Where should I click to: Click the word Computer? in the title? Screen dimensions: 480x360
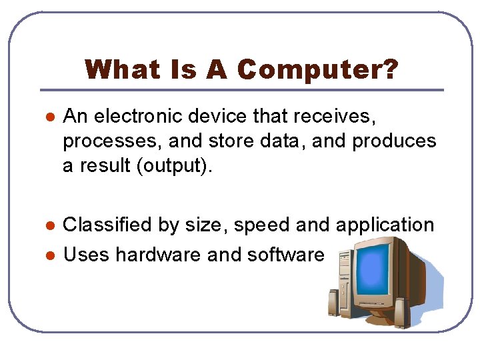click(318, 70)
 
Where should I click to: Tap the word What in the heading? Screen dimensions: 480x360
click(123, 69)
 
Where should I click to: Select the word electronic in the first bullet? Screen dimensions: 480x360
click(138, 116)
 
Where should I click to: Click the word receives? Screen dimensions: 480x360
click(334, 117)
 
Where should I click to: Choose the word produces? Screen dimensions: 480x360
click(394, 142)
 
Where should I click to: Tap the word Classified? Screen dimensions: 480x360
click(107, 225)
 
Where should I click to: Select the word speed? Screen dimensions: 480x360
click(262, 225)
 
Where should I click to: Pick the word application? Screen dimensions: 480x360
click(385, 225)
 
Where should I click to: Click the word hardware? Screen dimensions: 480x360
click(158, 254)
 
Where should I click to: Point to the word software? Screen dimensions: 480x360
click(285, 254)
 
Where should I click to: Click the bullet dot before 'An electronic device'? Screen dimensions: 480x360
click(50, 117)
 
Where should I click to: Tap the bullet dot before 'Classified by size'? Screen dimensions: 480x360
click(50, 225)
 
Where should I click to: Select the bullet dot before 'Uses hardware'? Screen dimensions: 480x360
click(50, 255)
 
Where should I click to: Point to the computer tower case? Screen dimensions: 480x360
click(346, 281)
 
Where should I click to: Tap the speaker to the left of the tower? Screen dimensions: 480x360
click(334, 303)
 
